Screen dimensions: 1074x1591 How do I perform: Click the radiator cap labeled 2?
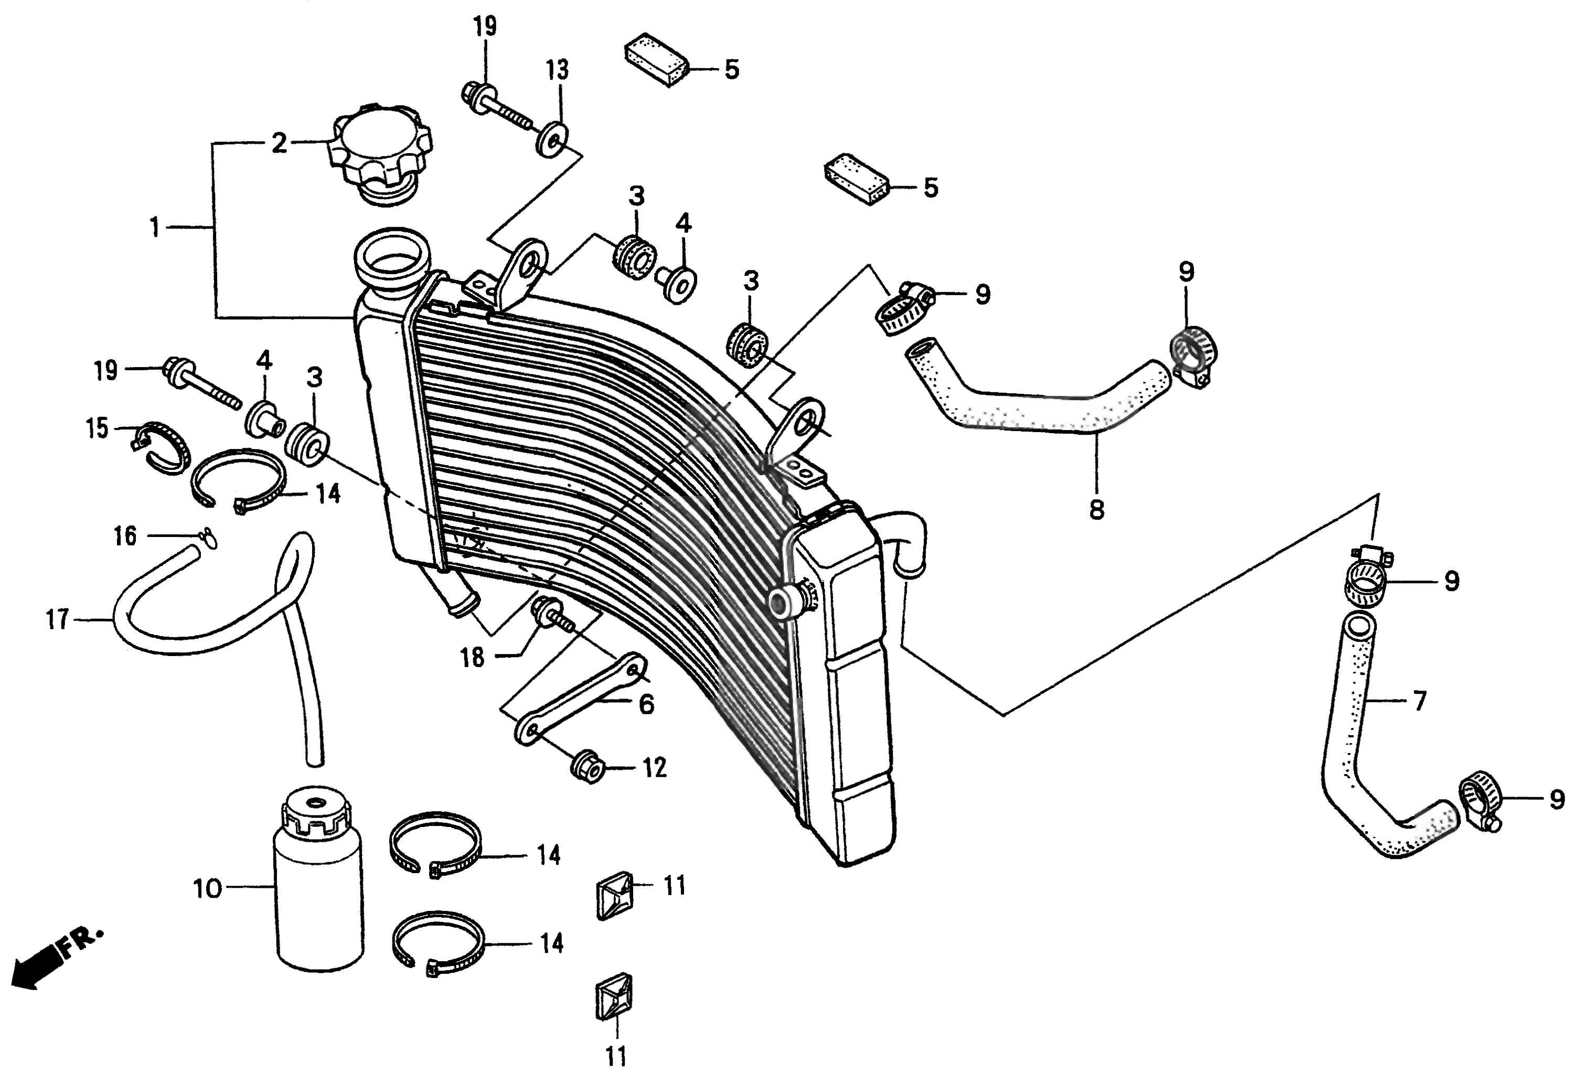(x=380, y=154)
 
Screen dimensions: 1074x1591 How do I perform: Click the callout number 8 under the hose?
(x=1096, y=510)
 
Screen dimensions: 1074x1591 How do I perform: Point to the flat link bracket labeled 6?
(x=582, y=698)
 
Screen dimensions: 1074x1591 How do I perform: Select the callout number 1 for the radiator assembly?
(x=155, y=227)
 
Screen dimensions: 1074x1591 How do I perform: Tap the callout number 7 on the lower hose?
(x=1418, y=702)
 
